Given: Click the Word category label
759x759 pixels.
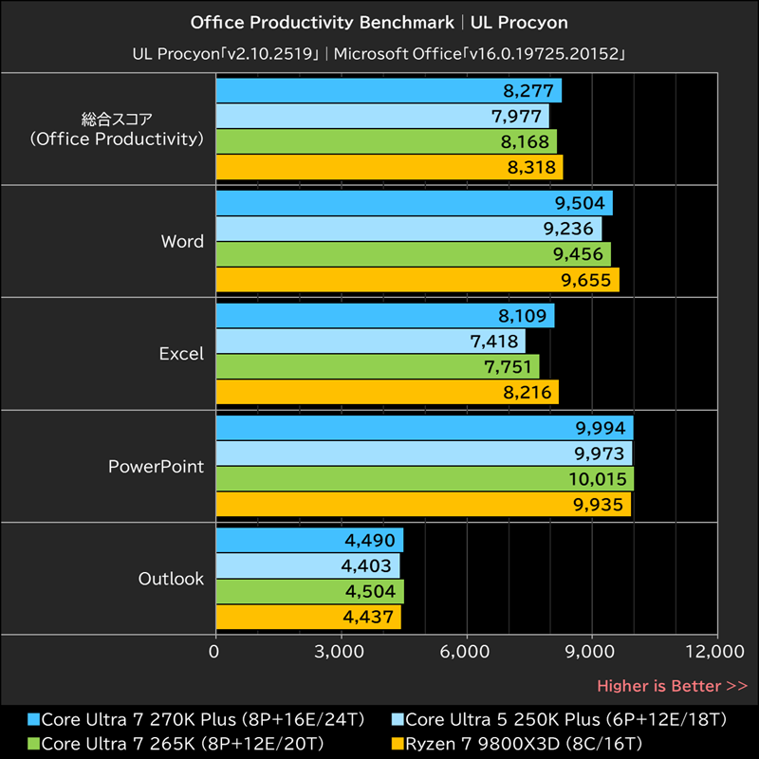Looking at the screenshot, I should coord(182,241).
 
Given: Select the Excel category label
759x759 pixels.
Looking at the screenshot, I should coord(181,353).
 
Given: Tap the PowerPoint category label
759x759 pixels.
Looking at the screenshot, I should coord(156,466).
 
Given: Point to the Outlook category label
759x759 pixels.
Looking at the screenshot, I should coord(171,578).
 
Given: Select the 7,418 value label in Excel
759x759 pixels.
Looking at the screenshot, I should coord(493,341).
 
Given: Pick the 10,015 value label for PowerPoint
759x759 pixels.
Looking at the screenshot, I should coord(598,479).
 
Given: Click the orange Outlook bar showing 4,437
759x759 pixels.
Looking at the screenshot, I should coord(308,618).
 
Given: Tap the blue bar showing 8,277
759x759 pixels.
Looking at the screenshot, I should coord(388,91).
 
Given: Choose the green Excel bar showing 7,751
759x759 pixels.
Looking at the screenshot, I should coord(378,366).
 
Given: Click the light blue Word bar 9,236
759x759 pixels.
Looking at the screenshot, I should coord(408,229).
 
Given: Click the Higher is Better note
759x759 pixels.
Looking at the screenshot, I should coord(672,685).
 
